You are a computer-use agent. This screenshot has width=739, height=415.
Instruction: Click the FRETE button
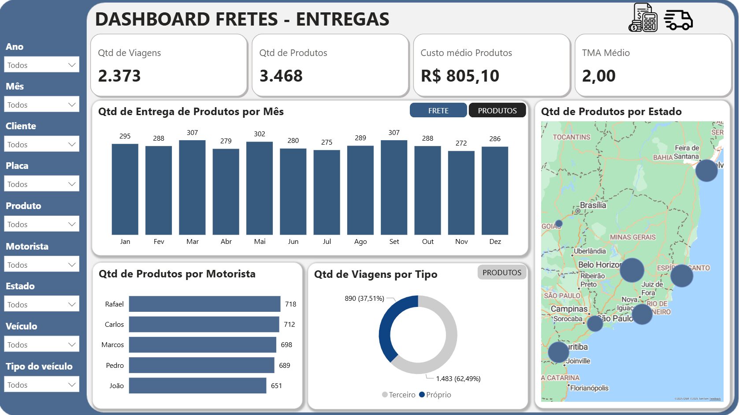tap(438, 110)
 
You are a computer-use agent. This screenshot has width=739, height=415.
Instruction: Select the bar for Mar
tap(192, 187)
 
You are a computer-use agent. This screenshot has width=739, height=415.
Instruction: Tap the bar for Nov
tap(461, 193)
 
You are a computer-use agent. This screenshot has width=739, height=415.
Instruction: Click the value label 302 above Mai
tap(260, 134)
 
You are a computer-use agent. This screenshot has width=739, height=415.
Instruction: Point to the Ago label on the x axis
tap(360, 242)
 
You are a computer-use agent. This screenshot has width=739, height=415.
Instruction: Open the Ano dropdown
tap(42, 65)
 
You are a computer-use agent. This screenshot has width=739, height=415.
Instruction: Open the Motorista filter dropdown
tap(42, 265)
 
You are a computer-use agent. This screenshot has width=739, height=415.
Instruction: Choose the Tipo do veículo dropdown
tap(42, 385)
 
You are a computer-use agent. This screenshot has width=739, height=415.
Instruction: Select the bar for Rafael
tap(204, 304)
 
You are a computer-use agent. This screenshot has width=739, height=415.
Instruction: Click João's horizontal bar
tap(197, 385)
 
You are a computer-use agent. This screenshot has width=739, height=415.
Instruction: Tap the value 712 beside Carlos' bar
tap(290, 325)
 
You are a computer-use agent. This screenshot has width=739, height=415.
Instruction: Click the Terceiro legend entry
tap(399, 395)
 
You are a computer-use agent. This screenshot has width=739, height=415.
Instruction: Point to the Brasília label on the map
tap(593, 206)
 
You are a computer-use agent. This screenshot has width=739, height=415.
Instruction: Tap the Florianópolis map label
tap(589, 388)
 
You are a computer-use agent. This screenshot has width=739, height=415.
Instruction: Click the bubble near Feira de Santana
tap(706, 171)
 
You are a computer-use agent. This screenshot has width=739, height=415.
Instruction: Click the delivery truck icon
tap(679, 19)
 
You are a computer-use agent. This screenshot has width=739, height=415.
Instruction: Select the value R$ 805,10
tap(460, 76)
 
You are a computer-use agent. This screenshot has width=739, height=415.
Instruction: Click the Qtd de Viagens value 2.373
tap(119, 76)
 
